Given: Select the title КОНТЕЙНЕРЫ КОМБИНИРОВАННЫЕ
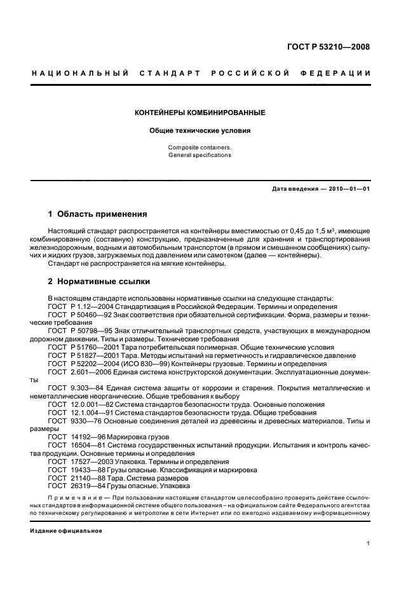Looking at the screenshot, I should [x=200, y=113].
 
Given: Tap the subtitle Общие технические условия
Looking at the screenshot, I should [x=200, y=131].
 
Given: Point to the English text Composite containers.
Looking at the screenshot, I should [x=200, y=147].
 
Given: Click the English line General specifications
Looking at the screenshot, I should [x=200, y=155].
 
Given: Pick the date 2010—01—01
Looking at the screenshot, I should [x=348, y=189].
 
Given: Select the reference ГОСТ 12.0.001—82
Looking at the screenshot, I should [x=81, y=404].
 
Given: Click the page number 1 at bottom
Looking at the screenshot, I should [x=369, y=544].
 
